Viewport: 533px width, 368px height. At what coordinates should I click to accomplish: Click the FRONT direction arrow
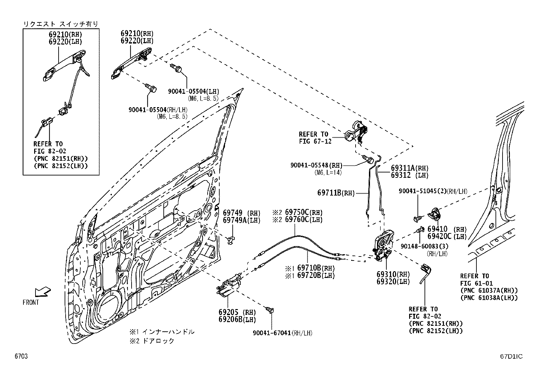43,292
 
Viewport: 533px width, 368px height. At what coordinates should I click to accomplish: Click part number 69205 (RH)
237,312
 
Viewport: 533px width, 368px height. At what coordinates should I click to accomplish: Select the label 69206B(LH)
237,319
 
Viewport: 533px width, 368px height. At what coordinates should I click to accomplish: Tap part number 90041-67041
272,333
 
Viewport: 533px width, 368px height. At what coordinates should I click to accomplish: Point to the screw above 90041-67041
270,310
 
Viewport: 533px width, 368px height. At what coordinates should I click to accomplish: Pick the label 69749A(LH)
241,220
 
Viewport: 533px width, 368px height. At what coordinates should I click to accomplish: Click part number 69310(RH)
393,274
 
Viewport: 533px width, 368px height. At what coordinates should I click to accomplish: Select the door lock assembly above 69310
382,245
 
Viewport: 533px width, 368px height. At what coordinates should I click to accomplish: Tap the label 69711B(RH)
336,193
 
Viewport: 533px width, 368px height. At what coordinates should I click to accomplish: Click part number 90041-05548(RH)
316,165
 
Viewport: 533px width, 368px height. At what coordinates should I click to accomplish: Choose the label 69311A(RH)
409,168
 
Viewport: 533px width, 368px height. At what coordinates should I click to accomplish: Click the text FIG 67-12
315,141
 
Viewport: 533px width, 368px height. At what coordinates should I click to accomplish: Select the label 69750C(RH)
304,212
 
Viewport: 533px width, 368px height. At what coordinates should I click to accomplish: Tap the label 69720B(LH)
316,275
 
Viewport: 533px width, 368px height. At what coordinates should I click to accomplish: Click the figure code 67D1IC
511,356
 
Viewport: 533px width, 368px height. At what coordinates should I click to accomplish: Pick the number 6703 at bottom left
21,356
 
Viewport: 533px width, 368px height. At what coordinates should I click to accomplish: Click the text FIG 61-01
476,283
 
